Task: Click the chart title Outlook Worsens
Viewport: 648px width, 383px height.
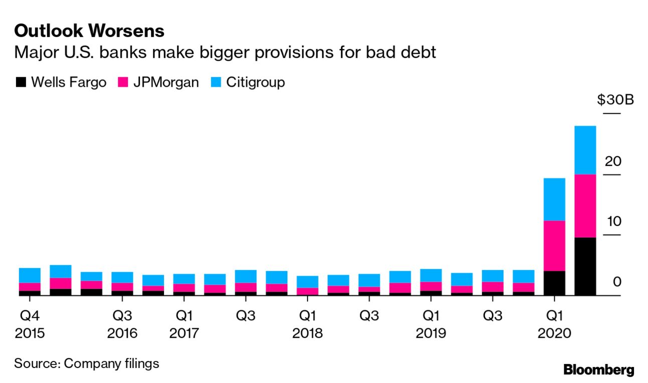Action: tap(89, 31)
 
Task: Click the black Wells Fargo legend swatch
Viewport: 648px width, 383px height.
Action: tap(21, 82)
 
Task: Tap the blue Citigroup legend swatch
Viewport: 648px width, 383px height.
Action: tap(216, 82)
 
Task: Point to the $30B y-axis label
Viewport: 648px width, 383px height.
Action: tap(615, 100)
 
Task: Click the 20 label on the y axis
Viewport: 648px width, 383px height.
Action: tap(613, 161)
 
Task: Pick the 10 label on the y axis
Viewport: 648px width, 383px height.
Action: tap(613, 222)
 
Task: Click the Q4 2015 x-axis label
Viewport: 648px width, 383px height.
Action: tap(30, 324)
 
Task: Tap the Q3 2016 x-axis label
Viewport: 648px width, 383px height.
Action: tap(122, 324)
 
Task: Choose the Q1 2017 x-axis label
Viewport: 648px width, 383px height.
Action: tap(184, 324)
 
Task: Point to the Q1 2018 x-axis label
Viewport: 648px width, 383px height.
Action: tap(307, 324)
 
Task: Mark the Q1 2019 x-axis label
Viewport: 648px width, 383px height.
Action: tap(430, 324)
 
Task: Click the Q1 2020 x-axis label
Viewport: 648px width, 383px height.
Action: tap(554, 324)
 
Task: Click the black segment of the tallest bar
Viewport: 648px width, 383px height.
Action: tap(585, 266)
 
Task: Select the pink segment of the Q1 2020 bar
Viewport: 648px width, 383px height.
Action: tap(554, 246)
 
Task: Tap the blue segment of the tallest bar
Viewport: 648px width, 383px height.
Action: tap(585, 150)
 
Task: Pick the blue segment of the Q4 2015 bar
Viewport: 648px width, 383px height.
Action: tap(30, 275)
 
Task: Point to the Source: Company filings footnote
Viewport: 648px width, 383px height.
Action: tap(86, 363)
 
